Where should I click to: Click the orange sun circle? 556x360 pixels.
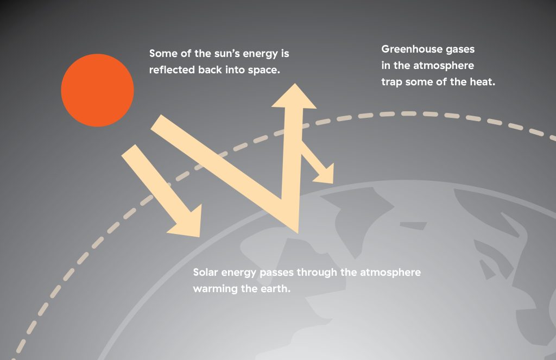98,90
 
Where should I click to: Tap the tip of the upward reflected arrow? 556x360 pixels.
294,84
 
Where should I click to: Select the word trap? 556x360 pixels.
391,83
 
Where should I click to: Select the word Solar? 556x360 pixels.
205,273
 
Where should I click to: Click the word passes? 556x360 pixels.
276,273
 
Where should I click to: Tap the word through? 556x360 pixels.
317,273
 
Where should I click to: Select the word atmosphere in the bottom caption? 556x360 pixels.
390,273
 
